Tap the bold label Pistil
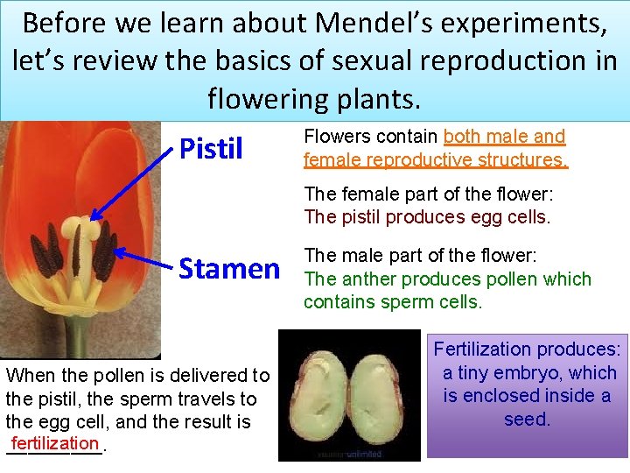click(211, 149)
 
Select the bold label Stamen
click(229, 268)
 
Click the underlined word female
click(331, 159)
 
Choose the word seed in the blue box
click(526, 419)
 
